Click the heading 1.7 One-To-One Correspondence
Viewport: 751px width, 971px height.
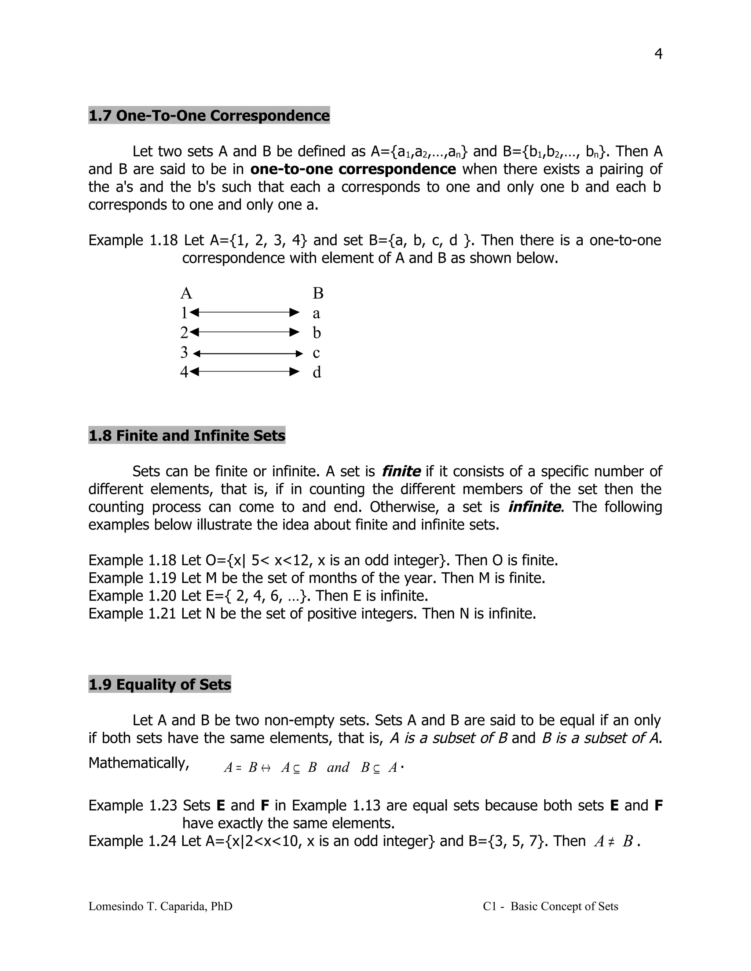coord(209,115)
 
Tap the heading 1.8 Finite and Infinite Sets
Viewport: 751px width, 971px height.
coord(187,436)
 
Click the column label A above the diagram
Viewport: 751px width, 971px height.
coord(186,293)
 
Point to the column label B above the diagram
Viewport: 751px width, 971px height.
coord(318,293)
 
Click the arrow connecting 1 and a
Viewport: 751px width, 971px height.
coord(244,313)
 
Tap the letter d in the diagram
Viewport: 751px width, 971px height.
coord(317,372)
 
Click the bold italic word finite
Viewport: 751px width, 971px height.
coord(401,471)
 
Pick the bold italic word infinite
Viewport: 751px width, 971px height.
coord(534,507)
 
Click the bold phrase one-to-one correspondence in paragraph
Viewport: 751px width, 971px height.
coord(353,169)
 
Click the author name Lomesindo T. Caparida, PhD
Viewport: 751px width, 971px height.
coord(160,906)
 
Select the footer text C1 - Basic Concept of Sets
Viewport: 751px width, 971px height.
coord(550,906)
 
